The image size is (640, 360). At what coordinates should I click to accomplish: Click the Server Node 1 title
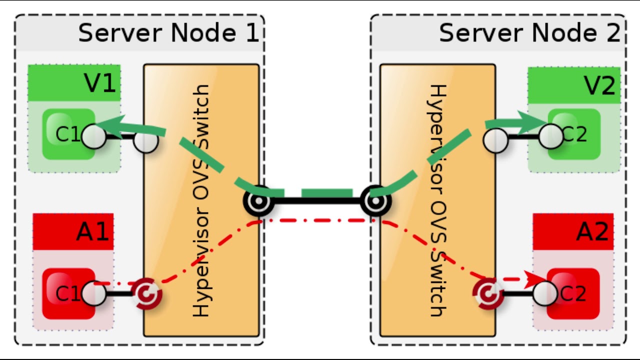168,33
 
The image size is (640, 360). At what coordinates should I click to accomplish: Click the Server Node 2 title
529,33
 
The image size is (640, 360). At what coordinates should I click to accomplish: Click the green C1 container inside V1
68,134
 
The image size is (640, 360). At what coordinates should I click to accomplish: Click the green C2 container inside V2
574,134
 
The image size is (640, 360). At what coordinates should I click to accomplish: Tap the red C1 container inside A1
68,293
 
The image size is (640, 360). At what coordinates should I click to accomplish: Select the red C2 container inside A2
573,293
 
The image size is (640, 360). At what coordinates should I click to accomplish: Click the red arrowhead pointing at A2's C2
537,279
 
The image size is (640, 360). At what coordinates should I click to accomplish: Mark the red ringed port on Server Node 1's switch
146,293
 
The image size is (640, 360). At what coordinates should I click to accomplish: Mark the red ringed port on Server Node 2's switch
488,293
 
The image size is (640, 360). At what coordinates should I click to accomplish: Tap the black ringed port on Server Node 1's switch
258,201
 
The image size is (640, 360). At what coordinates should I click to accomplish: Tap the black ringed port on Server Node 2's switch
375,201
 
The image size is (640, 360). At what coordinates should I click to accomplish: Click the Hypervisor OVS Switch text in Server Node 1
200,200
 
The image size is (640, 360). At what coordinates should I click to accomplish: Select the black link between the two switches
316,201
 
